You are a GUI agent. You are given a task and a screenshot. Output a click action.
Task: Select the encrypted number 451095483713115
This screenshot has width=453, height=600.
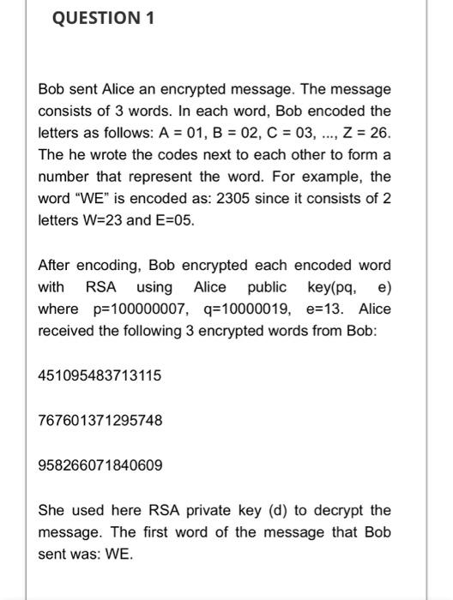(x=100, y=375)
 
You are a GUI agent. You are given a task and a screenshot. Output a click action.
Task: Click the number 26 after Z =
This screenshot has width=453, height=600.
(x=381, y=133)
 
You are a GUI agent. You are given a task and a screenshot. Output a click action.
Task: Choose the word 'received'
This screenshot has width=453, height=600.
(x=67, y=332)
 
